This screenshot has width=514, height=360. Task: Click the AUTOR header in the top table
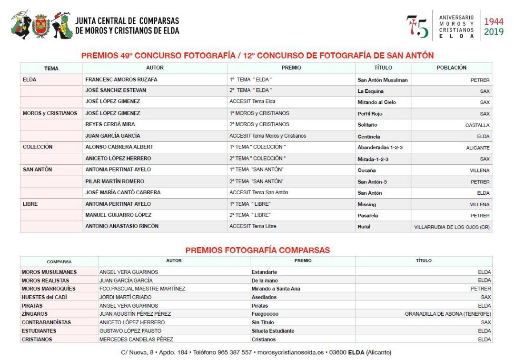[155, 68]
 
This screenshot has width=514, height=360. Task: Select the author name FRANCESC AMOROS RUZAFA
[121, 80]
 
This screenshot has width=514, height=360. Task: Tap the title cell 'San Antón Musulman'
[382, 80]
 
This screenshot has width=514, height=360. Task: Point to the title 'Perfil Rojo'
[370, 114]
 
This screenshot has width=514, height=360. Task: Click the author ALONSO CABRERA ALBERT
[119, 147]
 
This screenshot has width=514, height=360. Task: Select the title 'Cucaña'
[366, 170]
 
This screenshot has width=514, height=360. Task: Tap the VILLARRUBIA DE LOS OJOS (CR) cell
[452, 227]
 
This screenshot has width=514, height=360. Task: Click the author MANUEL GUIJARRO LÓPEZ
[118, 215]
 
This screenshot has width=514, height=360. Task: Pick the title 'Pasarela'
[368, 216]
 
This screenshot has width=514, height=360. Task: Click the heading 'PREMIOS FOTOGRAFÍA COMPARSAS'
[257, 250]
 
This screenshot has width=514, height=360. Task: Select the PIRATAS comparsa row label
[32, 306]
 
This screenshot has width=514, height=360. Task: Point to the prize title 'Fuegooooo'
[265, 314]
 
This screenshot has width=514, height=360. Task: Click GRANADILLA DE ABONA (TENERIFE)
[447, 314]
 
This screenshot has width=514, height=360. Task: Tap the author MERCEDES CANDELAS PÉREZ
[136, 340]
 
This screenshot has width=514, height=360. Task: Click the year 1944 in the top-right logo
[494, 21]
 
